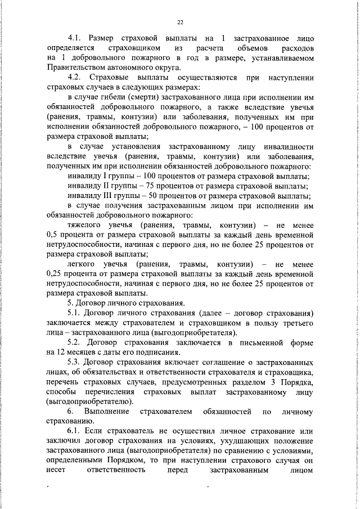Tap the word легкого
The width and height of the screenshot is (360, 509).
pyautogui.click(x=83, y=264)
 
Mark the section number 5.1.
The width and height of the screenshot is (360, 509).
pyautogui.click(x=74, y=313)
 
